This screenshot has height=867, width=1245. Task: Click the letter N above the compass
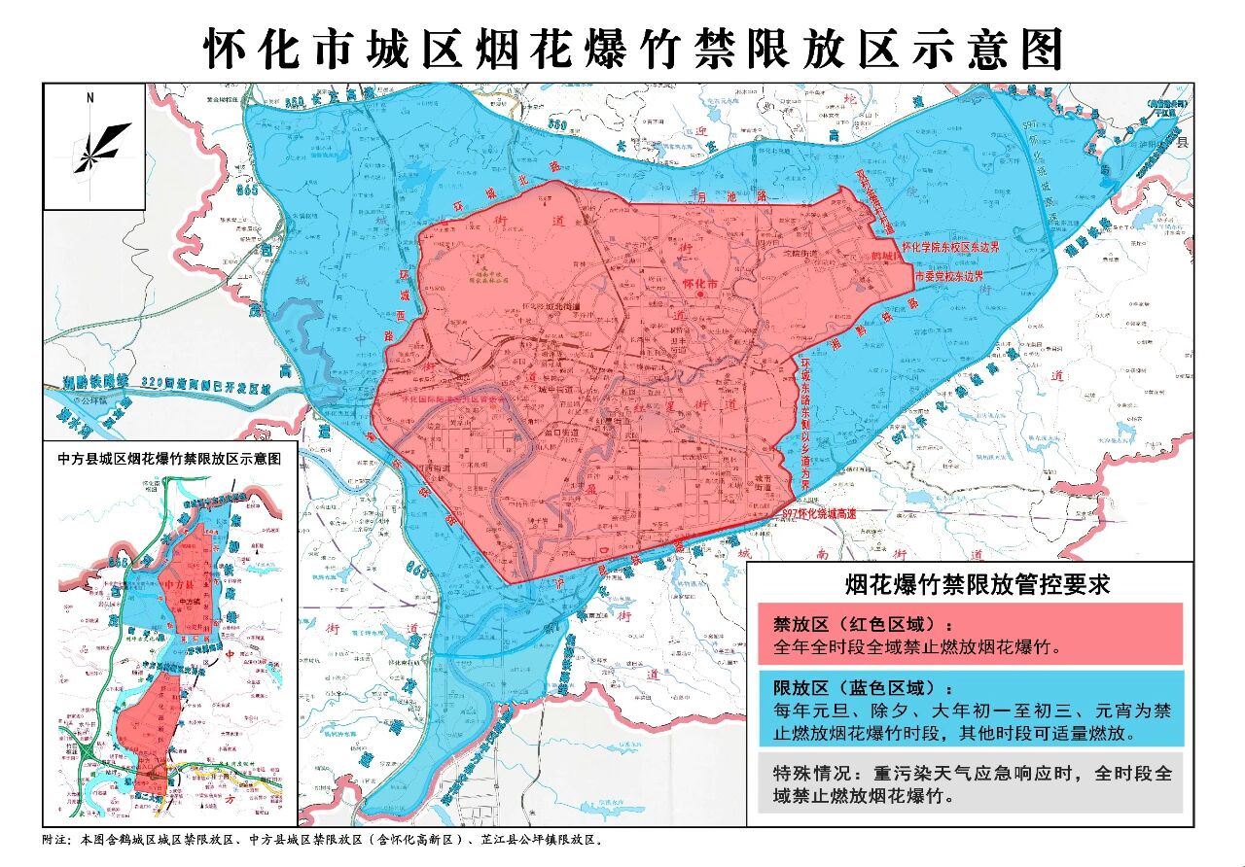click(x=89, y=97)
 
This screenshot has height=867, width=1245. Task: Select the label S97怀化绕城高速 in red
click(x=826, y=512)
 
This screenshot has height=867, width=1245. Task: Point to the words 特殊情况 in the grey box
click(x=807, y=774)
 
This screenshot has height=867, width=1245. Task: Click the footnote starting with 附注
click(x=321, y=839)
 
